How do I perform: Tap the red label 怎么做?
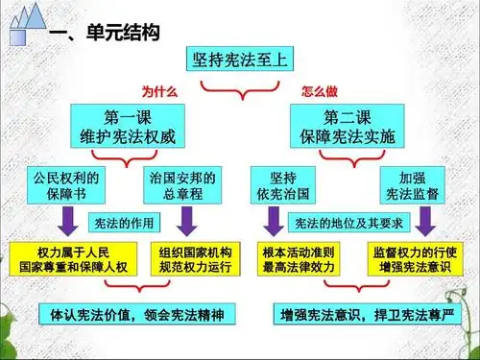[x=318, y=91]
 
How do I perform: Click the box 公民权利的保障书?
[x=65, y=184]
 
